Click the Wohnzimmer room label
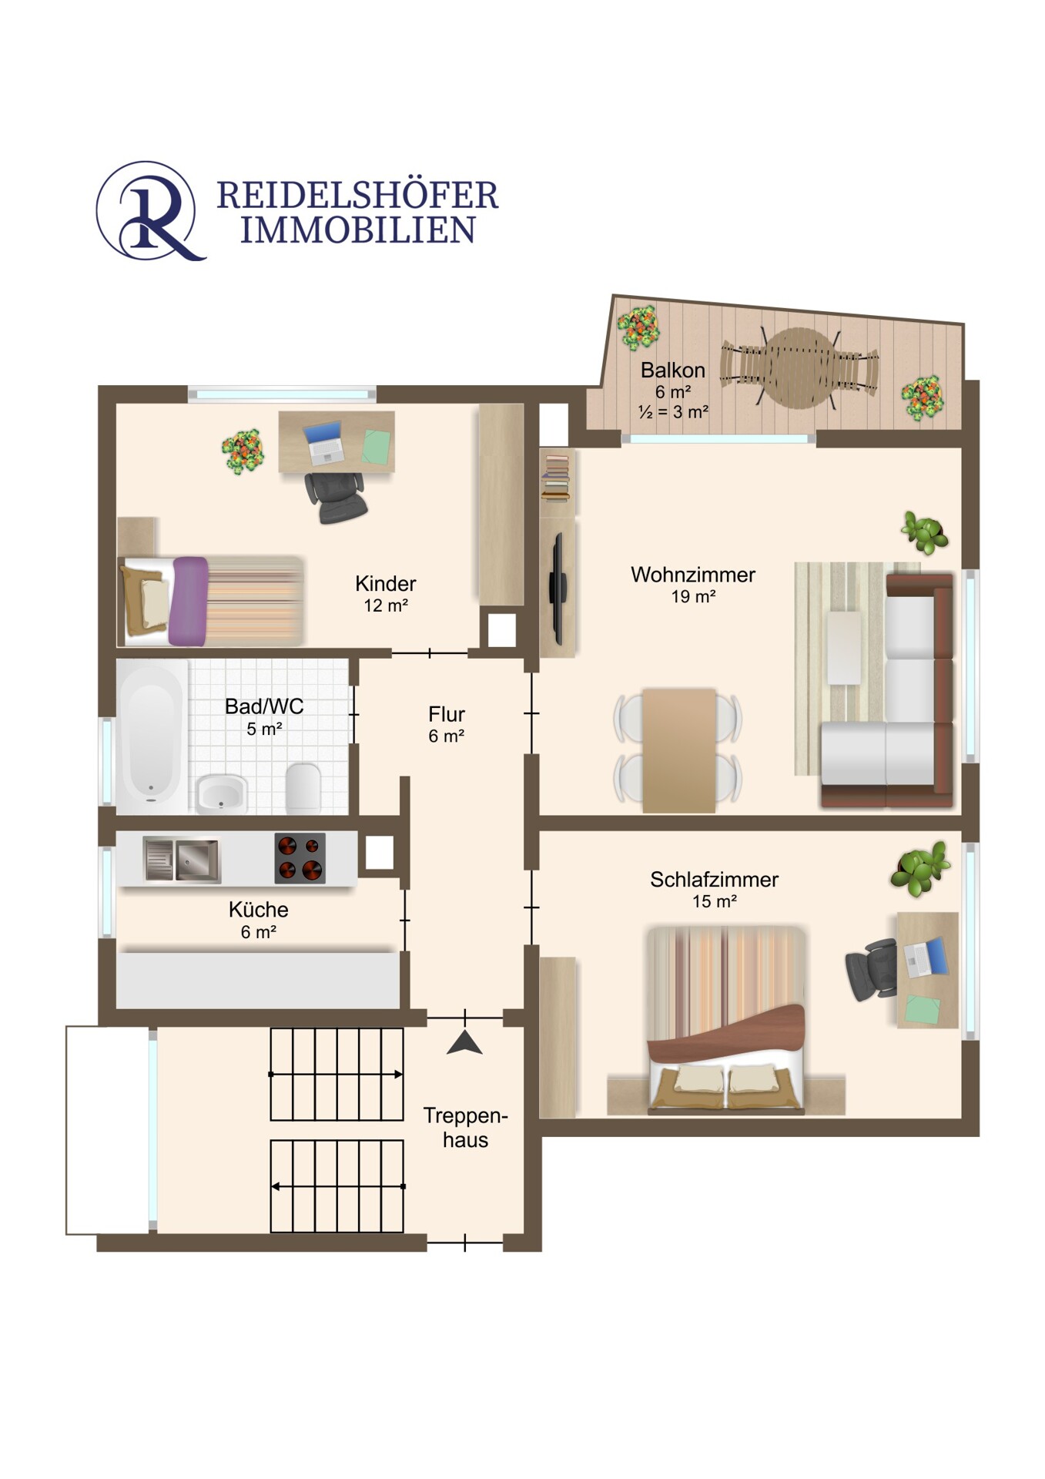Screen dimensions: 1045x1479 (x=693, y=575)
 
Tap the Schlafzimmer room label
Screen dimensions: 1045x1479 (x=714, y=880)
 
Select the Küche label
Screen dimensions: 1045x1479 (x=259, y=910)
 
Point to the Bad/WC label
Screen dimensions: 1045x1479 (x=264, y=706)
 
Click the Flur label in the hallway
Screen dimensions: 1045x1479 (x=447, y=714)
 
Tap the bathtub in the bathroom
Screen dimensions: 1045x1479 (x=152, y=736)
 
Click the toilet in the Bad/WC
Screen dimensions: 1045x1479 (x=303, y=788)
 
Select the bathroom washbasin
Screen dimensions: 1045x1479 (x=222, y=794)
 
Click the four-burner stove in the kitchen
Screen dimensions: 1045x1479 (x=300, y=858)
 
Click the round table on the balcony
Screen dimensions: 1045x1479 (x=799, y=368)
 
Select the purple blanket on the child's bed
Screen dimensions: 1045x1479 (x=189, y=602)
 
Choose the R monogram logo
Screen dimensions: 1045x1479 (x=150, y=210)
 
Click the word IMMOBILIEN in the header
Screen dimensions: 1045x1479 (x=358, y=230)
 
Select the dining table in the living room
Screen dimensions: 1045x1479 (x=679, y=750)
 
